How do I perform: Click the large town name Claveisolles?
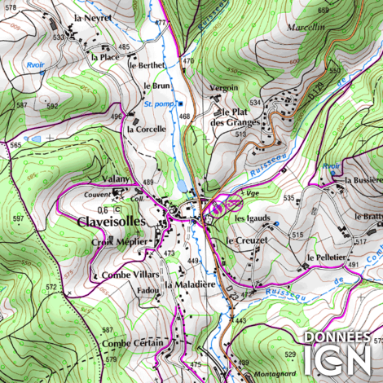(x=112, y=221)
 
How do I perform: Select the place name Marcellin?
(x=306, y=26)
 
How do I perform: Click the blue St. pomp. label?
(x=160, y=104)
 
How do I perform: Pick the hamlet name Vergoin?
(x=224, y=87)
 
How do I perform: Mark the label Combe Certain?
(x=133, y=343)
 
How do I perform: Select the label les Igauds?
(x=251, y=219)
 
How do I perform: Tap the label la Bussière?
(x=363, y=179)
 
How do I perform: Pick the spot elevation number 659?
(x=324, y=10)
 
